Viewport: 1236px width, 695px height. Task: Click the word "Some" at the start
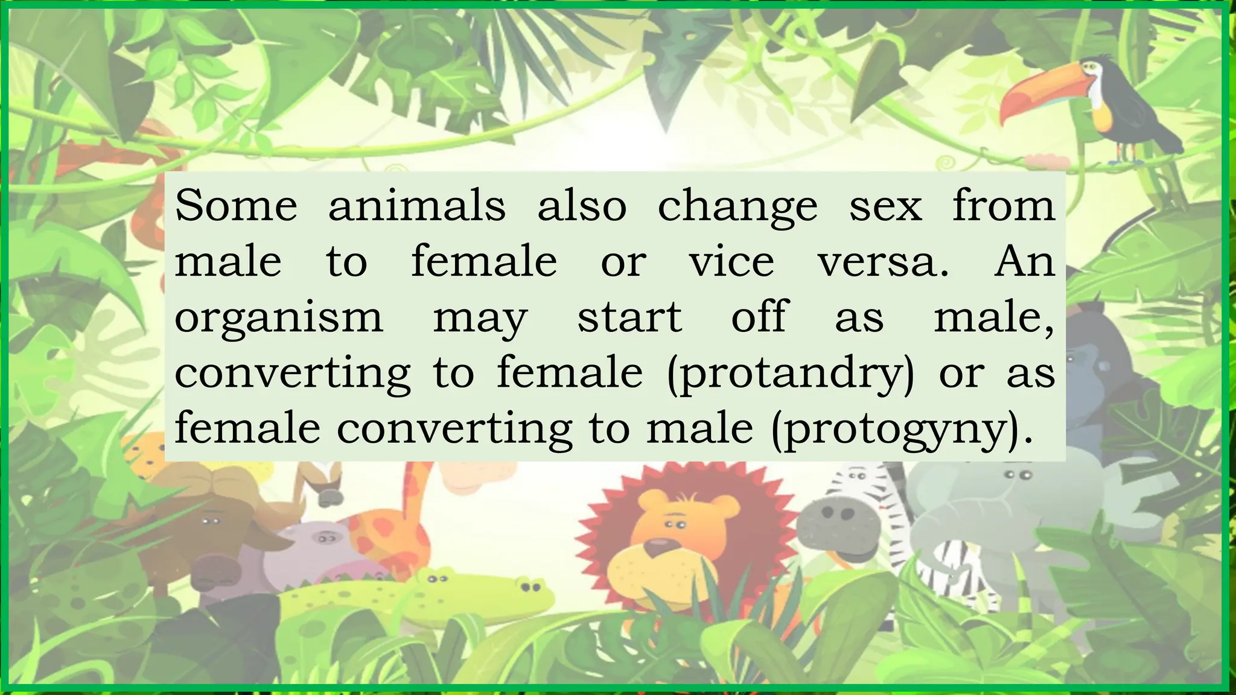tap(236, 206)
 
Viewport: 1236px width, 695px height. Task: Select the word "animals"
tap(416, 206)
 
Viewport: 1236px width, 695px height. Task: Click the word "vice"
tap(731, 262)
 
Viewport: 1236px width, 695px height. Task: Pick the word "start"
tap(629, 317)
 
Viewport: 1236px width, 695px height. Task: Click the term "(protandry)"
tap(791, 374)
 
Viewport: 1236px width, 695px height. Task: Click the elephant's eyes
tap(1018, 475)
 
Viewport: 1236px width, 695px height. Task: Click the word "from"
tap(1004, 206)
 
